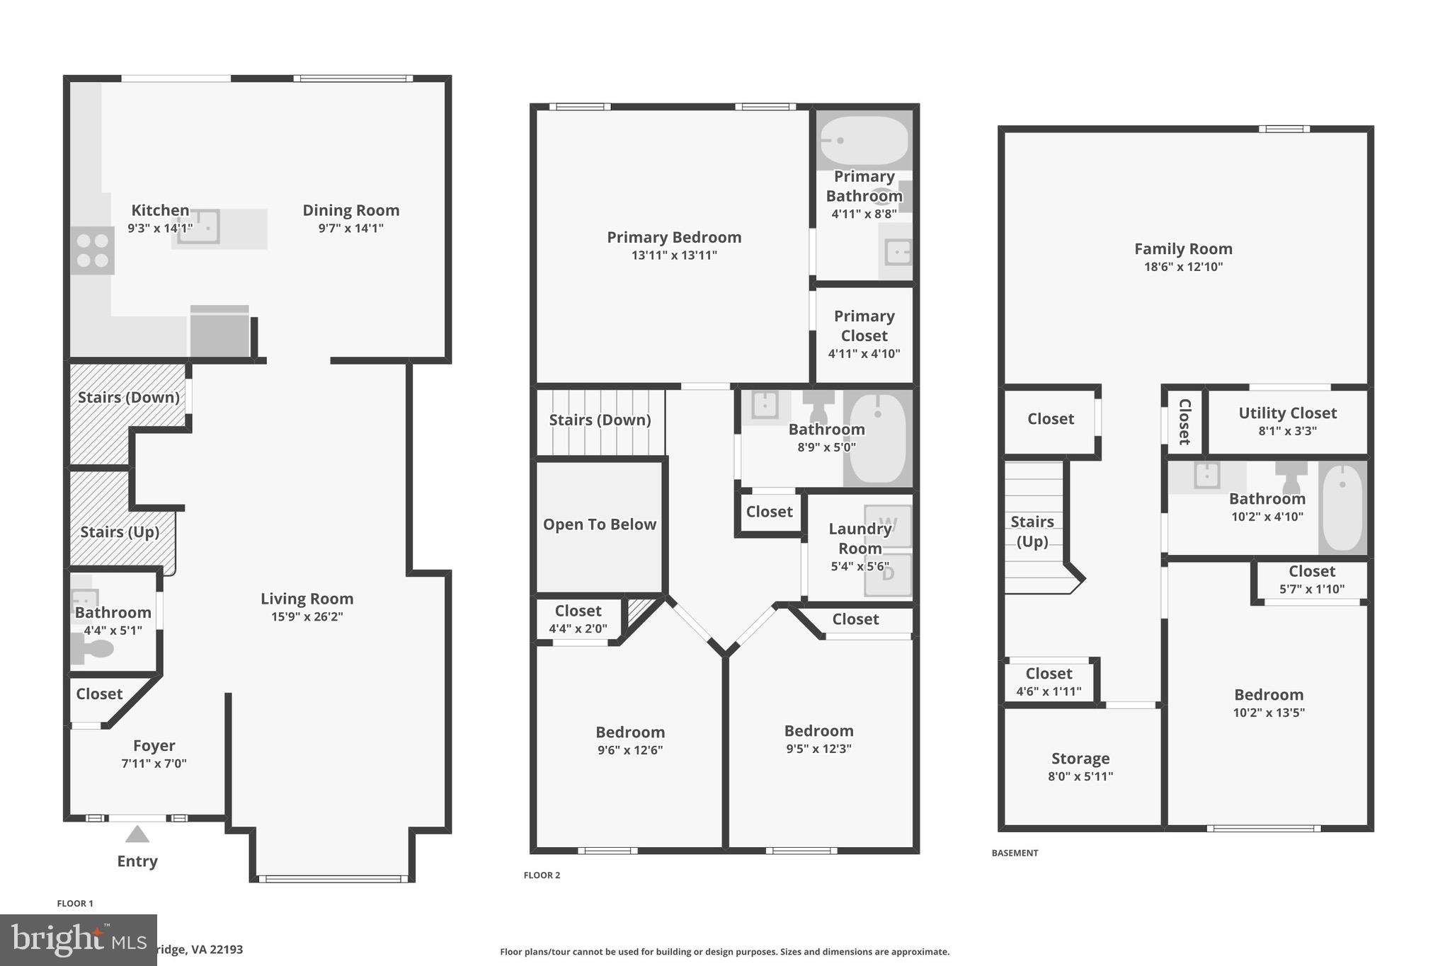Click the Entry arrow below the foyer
coord(137,835)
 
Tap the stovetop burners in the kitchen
coord(93,251)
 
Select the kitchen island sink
coord(198,226)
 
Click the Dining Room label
coord(350,210)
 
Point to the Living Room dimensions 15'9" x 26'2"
coord(307,616)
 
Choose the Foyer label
coord(154,745)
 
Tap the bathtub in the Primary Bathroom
coord(864,140)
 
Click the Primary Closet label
coord(864,326)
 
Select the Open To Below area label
coord(599,524)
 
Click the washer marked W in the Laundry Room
coord(888,526)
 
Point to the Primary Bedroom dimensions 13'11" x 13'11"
coord(673,255)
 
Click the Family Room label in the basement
coord(1183,248)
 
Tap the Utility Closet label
coord(1287,413)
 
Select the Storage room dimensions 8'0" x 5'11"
coord(1080,776)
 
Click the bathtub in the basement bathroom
coord(1342,507)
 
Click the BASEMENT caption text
coord(1015,853)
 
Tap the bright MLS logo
coord(78,940)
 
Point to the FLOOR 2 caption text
coord(542,875)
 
